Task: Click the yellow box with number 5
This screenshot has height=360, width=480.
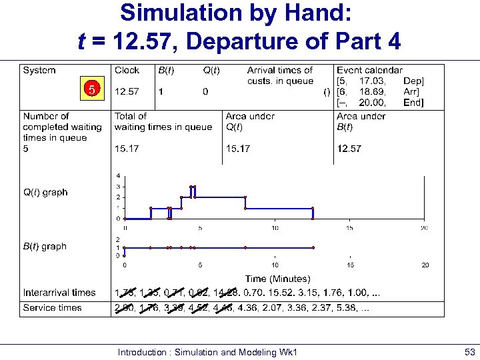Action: (93, 88)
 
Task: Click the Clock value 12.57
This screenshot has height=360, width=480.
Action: (127, 91)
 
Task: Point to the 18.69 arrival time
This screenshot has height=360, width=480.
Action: (375, 91)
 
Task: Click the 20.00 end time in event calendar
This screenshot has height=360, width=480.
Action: (375, 103)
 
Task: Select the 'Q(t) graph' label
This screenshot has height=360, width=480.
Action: (45, 193)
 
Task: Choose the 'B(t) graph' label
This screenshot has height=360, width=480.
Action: (45, 247)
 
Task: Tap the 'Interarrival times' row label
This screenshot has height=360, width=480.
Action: (59, 293)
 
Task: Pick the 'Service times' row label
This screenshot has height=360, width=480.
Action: (52, 308)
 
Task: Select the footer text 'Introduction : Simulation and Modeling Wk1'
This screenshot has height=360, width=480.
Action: (207, 351)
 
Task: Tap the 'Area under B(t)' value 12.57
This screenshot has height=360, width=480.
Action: (349, 149)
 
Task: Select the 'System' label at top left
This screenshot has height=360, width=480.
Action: (39, 70)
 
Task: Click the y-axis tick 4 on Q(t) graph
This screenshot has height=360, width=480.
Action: (119, 176)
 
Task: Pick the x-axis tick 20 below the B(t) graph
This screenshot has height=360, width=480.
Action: (424, 265)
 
